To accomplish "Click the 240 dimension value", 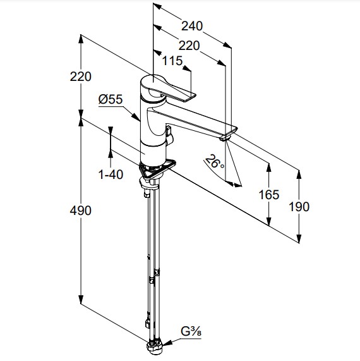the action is click(192, 26).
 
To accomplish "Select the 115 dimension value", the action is click(172, 61).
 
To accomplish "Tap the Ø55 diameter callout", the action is click(111, 99).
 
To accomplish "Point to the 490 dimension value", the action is click(80, 211).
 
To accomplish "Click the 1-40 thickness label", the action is click(111, 174).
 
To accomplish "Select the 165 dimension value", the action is click(269, 195).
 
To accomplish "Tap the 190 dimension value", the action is click(299, 207).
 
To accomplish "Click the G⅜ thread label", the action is click(191, 332).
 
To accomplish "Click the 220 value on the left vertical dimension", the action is click(80, 76).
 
